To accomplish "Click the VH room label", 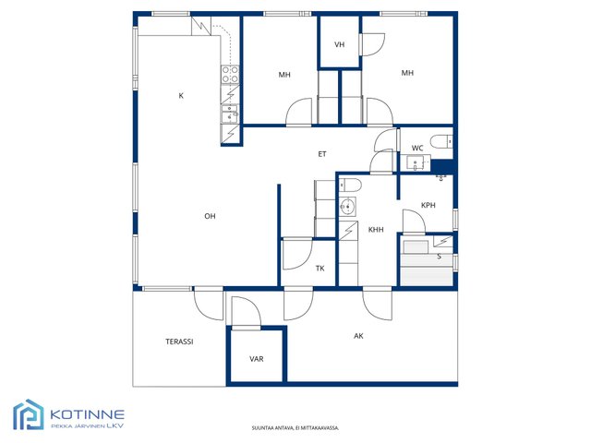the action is click(x=339, y=44).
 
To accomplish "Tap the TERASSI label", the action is click(x=179, y=341).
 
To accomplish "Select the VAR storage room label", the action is click(x=257, y=359).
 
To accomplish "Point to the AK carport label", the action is click(x=358, y=336).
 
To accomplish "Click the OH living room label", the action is click(x=210, y=216).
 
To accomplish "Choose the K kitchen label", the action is click(x=181, y=96).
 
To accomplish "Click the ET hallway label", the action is click(x=322, y=154).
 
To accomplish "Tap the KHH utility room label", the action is click(x=376, y=230).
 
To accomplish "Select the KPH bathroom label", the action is click(x=428, y=205).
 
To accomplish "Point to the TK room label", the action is click(x=320, y=269).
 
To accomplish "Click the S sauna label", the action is click(x=440, y=257).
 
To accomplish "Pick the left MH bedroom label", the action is click(x=284, y=75).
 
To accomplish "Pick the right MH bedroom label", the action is click(x=407, y=73).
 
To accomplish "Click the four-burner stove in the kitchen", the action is click(x=230, y=74).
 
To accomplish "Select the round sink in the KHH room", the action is click(x=347, y=207).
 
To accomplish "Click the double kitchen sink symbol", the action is click(x=230, y=114).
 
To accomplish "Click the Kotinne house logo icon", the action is click(x=29, y=414).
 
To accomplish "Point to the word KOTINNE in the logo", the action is click(x=87, y=414).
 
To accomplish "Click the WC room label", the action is click(x=417, y=148).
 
